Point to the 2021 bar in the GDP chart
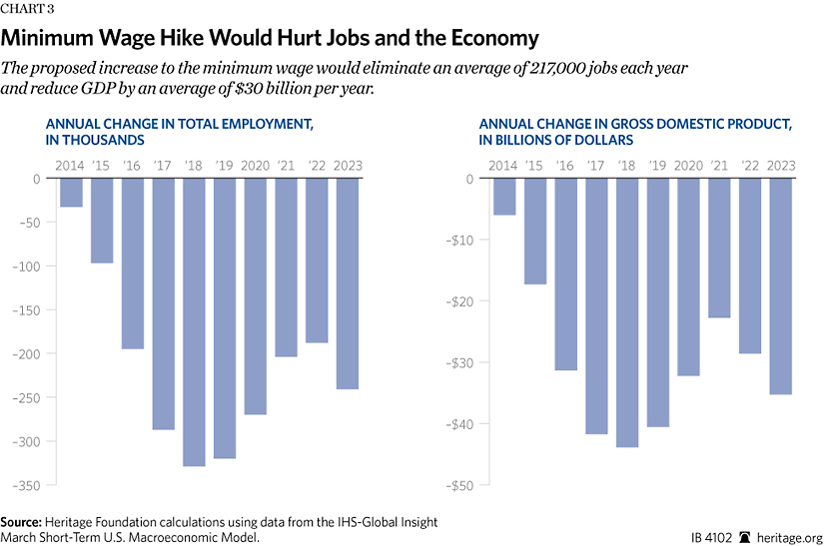[x=719, y=249]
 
